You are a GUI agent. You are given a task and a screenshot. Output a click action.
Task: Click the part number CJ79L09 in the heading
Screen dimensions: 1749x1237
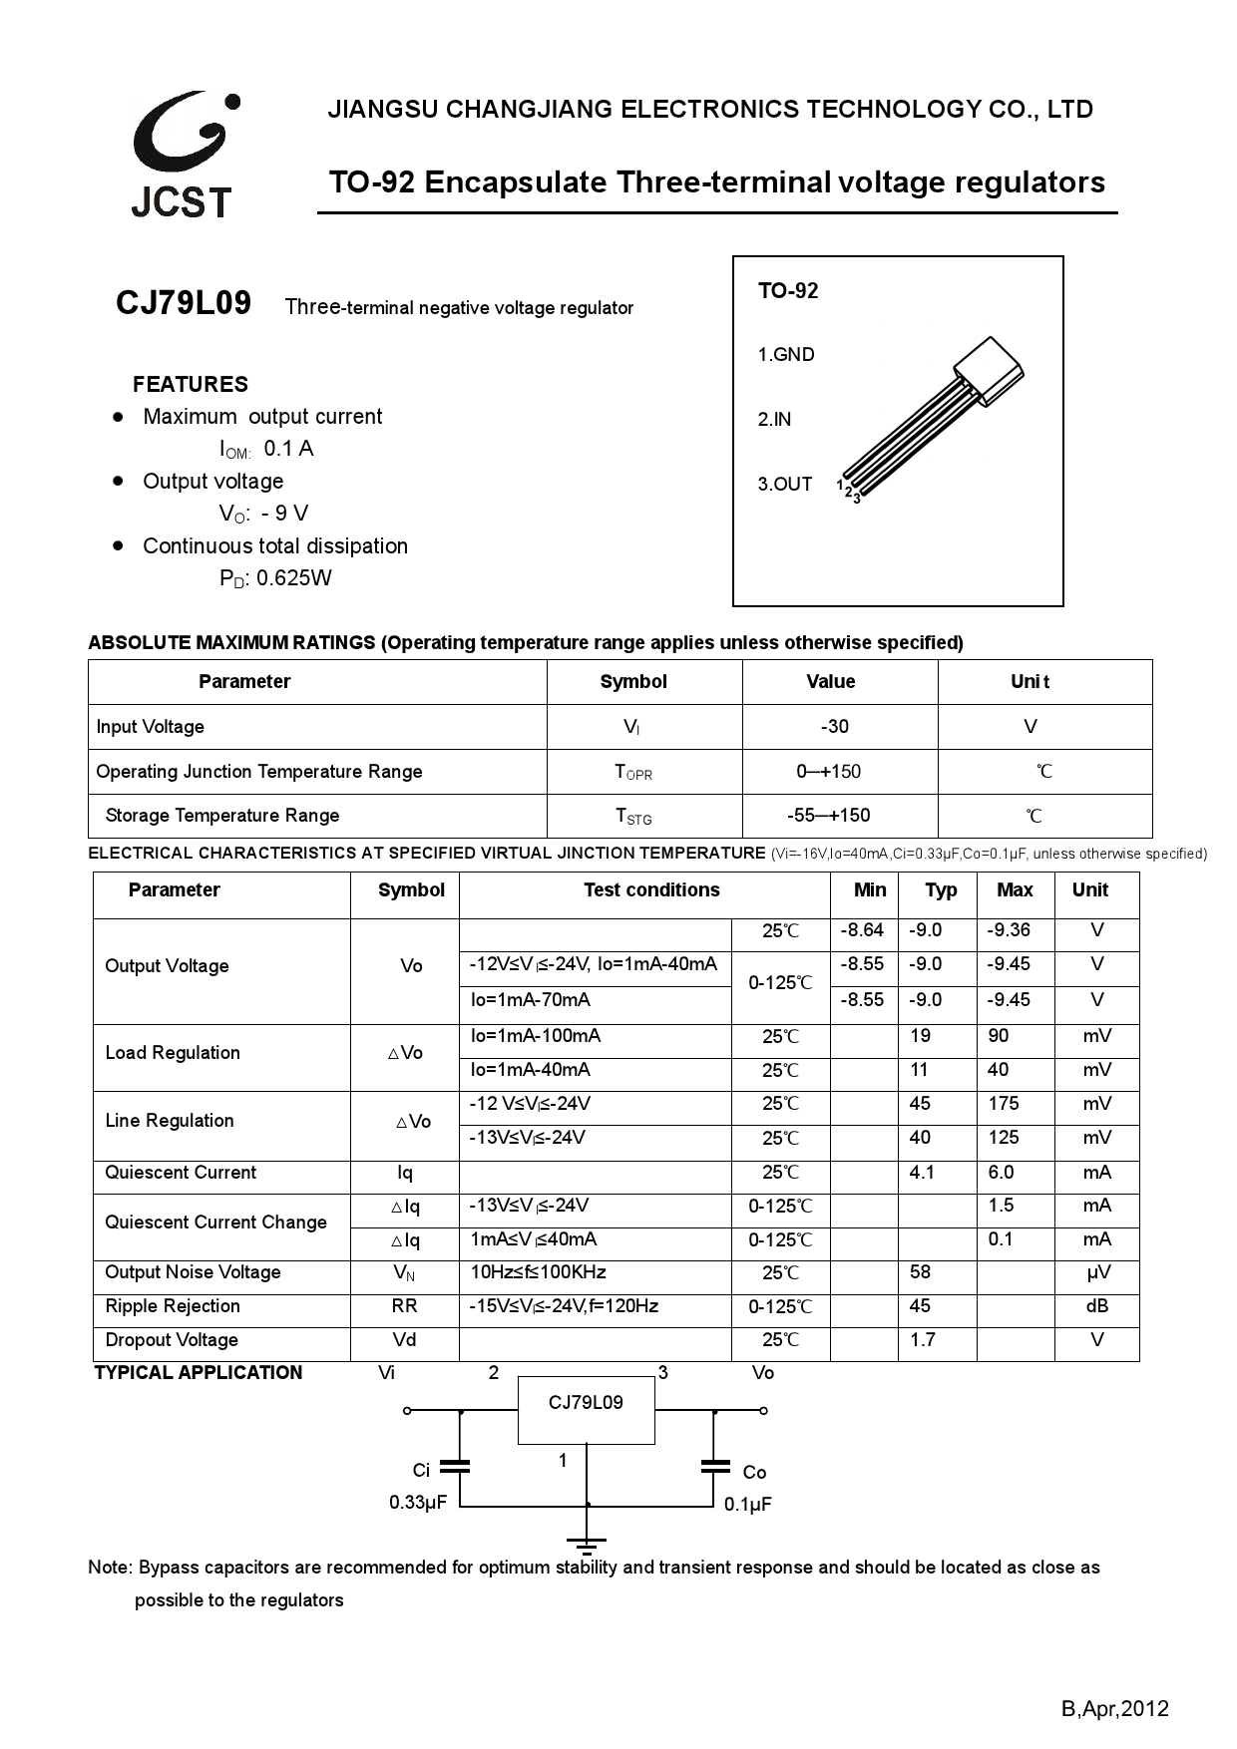point(184,302)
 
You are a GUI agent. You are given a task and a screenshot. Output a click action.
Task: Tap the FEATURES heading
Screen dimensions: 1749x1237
point(190,384)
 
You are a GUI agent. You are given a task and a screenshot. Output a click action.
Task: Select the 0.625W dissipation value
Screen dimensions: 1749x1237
point(293,578)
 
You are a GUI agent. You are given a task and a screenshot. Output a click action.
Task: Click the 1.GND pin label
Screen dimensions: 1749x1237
point(786,355)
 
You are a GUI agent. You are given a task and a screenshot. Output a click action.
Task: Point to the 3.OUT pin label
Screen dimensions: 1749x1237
point(785,485)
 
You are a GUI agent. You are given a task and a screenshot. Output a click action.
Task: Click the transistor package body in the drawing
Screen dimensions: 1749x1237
point(989,370)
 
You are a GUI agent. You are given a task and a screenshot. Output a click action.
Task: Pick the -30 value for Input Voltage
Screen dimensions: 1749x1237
point(834,727)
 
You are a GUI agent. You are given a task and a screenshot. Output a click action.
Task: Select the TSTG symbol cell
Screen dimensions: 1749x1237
point(633,817)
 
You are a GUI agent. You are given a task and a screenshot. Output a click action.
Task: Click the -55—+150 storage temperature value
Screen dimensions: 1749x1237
point(828,816)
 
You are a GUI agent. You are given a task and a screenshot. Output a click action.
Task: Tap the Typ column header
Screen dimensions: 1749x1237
point(940,890)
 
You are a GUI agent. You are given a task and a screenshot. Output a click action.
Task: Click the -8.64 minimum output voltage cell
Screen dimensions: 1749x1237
point(862,930)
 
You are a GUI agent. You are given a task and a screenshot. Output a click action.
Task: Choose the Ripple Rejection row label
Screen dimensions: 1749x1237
point(173,1306)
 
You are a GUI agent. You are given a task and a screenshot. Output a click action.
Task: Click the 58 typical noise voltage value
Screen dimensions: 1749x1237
point(920,1272)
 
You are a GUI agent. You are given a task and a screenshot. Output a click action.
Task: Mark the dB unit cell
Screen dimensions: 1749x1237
point(1096,1306)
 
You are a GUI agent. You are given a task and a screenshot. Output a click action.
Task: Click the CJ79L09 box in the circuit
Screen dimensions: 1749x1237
point(586,1410)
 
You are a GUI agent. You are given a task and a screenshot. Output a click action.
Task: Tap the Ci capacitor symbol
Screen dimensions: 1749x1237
point(458,1466)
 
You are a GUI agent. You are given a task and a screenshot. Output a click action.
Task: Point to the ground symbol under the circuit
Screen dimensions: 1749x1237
point(587,1545)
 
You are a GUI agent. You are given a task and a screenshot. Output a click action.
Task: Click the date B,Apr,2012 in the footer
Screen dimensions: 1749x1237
point(1113,1709)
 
